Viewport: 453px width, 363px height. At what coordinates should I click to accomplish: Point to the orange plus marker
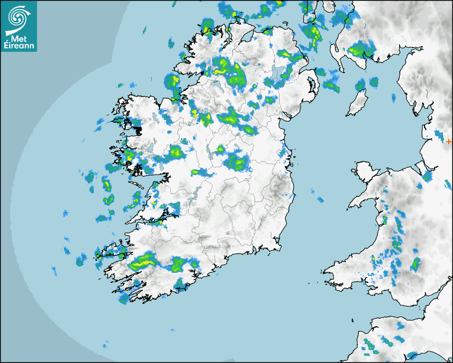click(x=449, y=141)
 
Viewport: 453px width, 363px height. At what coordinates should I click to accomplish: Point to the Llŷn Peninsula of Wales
click(x=362, y=200)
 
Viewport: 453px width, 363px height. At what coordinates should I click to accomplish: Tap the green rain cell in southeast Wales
click(x=415, y=264)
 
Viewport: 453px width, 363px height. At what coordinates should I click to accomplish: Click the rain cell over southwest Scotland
click(x=359, y=51)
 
